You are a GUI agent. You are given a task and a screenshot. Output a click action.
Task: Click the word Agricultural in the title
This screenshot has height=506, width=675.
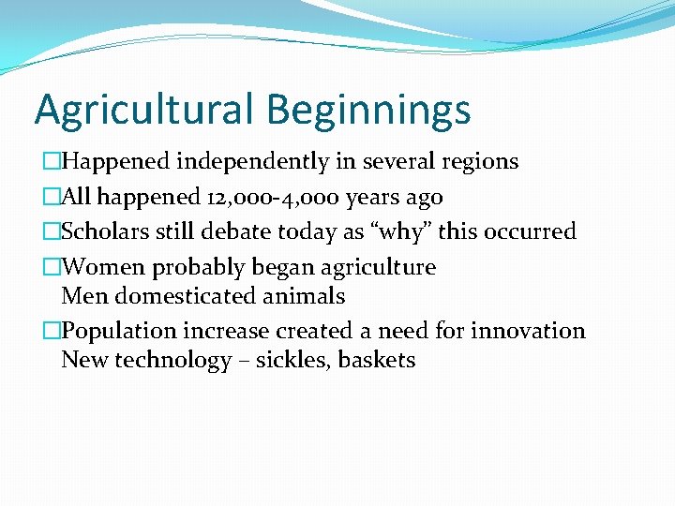[x=144, y=110]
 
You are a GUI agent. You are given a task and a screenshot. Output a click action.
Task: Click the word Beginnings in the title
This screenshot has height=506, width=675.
[x=368, y=110]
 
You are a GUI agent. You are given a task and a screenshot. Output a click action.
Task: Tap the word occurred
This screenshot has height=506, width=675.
[x=534, y=231]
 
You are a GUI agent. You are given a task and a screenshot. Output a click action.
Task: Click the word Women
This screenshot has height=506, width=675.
[x=103, y=267]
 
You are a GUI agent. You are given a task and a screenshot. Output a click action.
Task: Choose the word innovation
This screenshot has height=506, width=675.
[x=529, y=331]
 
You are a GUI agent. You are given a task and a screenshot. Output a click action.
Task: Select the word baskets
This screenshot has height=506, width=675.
[x=377, y=361]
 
